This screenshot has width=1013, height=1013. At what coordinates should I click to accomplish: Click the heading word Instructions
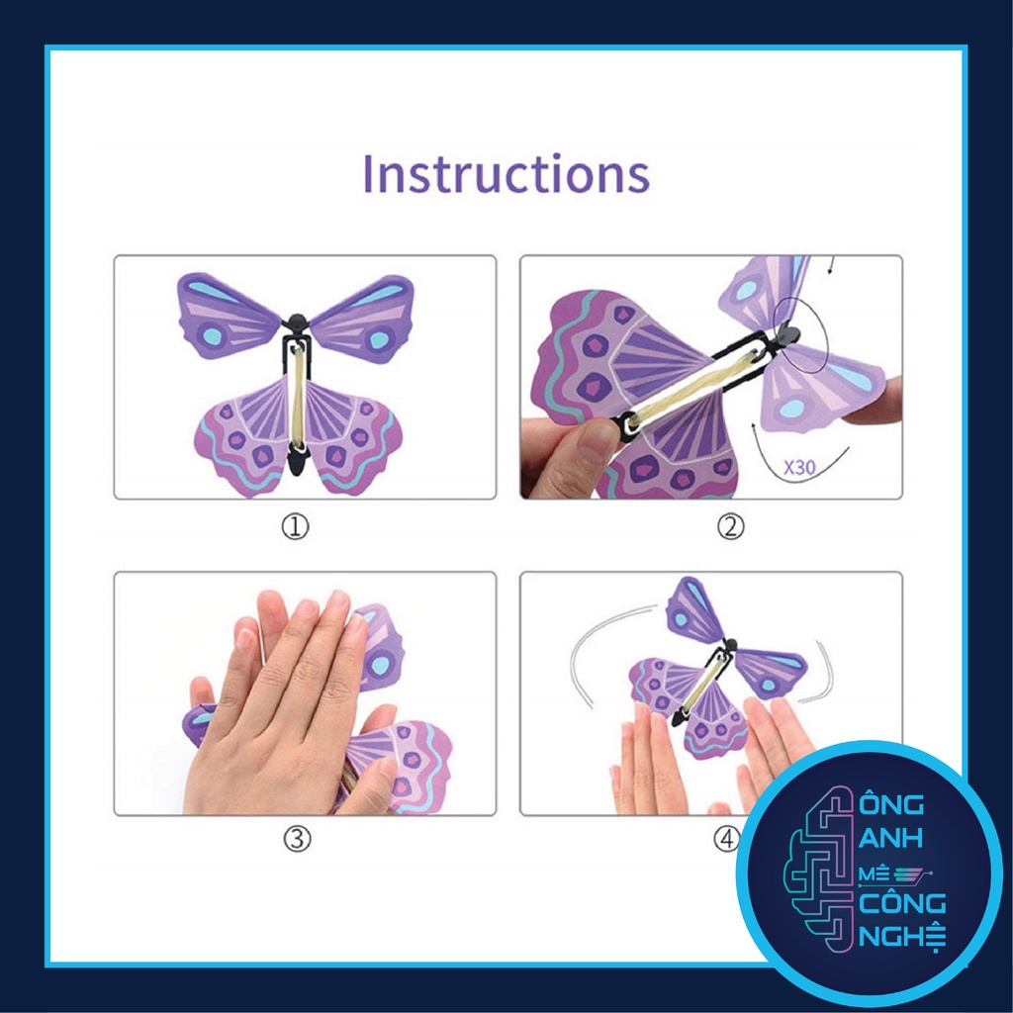tap(506, 173)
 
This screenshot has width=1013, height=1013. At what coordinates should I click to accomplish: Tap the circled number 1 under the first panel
tap(295, 527)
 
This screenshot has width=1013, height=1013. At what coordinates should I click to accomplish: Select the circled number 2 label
tap(730, 527)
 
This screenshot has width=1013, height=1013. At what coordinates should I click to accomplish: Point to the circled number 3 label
tap(297, 840)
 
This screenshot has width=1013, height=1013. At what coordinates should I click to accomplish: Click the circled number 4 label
tap(728, 840)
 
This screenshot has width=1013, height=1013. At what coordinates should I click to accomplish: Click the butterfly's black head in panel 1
tap(296, 323)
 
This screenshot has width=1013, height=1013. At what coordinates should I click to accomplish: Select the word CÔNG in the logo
tap(902, 903)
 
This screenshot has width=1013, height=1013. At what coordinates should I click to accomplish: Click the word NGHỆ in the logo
tap(903, 935)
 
